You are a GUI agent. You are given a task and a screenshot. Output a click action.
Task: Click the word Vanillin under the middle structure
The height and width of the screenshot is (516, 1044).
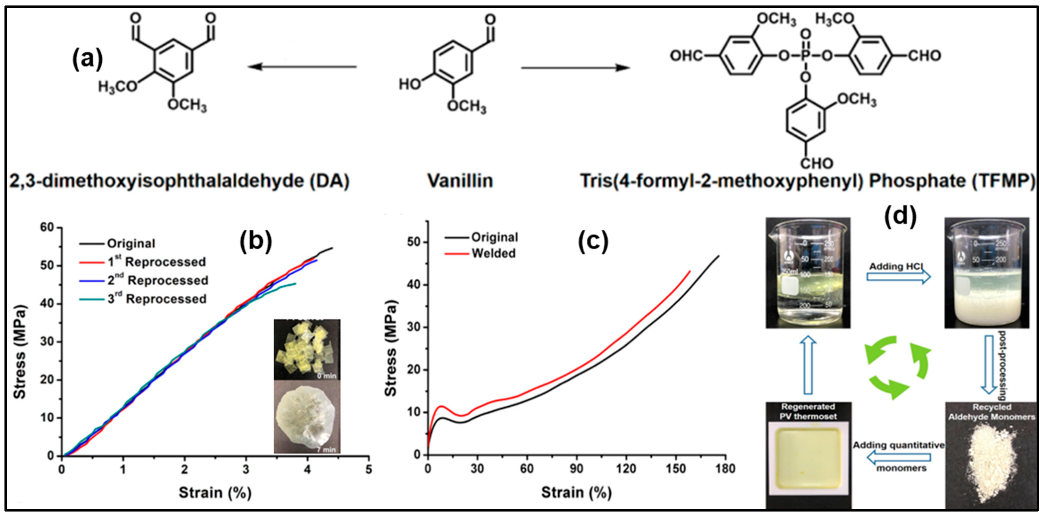click(460, 181)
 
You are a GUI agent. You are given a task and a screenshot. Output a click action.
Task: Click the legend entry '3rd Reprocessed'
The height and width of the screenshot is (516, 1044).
click(157, 299)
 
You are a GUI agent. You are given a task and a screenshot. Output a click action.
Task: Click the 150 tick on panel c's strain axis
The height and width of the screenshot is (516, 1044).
click(676, 469)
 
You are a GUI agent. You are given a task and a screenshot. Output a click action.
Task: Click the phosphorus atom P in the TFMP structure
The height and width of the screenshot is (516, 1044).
click(806, 56)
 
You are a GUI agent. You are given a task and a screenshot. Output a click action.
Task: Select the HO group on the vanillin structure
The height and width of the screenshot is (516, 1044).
click(410, 84)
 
